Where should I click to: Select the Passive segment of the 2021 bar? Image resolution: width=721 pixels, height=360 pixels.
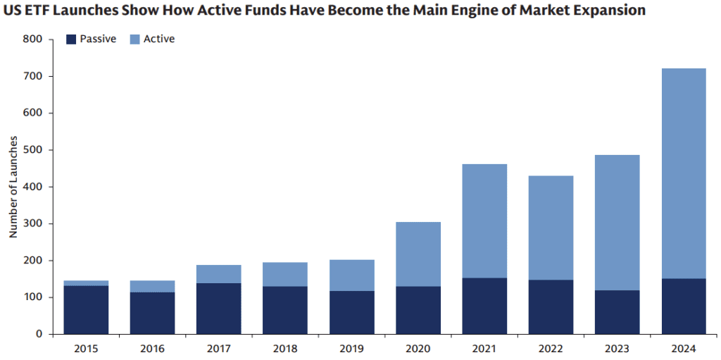pos(484,306)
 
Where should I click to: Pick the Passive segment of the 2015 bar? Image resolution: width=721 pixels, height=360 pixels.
pos(86,309)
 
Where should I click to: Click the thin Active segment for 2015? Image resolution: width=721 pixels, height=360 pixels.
pos(86,283)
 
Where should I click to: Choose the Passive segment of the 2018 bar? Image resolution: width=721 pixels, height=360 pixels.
pos(285,310)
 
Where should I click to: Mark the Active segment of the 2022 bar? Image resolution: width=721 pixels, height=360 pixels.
pos(551,228)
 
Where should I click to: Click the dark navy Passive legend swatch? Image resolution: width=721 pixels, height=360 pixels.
pos(70,39)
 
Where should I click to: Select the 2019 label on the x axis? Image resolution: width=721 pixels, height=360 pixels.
pos(351,349)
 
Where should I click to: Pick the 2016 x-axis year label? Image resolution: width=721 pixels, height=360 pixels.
pos(152,349)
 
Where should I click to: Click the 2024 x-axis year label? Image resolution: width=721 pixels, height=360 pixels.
pos(683,349)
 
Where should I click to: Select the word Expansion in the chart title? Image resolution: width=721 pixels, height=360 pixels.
pos(610,11)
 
